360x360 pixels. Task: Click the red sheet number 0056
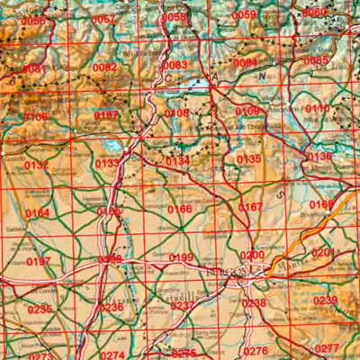[x=33, y=21]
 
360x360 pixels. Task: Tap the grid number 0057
[x=103, y=20]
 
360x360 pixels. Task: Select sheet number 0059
[x=244, y=15]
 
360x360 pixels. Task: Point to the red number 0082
[x=105, y=67]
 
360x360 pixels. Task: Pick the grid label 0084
[x=246, y=63]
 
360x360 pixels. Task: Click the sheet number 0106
[x=35, y=117]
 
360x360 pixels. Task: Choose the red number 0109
[x=247, y=111]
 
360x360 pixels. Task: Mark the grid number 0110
[x=318, y=108]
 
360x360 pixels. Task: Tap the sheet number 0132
[x=37, y=166]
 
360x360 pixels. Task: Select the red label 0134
[x=177, y=160]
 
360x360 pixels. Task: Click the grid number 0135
[x=248, y=159]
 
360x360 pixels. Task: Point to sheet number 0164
[x=39, y=212]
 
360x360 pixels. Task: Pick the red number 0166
[x=180, y=209]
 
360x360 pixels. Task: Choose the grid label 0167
[x=251, y=207]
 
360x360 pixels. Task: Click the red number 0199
[x=181, y=258]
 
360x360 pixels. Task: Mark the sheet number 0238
[x=255, y=303]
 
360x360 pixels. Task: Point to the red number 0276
[x=256, y=351]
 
